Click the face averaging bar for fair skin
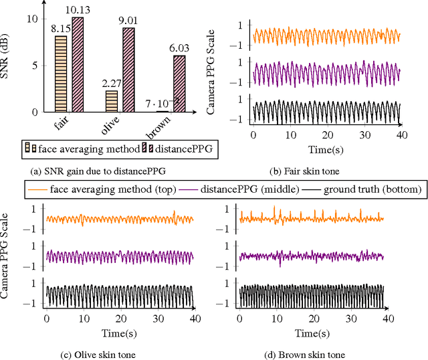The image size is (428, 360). pos(61,74)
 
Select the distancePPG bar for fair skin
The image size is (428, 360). pos(78,68)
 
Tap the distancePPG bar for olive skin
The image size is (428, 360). pos(129,71)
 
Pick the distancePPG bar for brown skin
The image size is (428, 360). pos(180,84)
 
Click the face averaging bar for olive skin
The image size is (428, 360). pos(112,101)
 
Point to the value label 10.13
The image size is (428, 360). pos(80,7)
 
